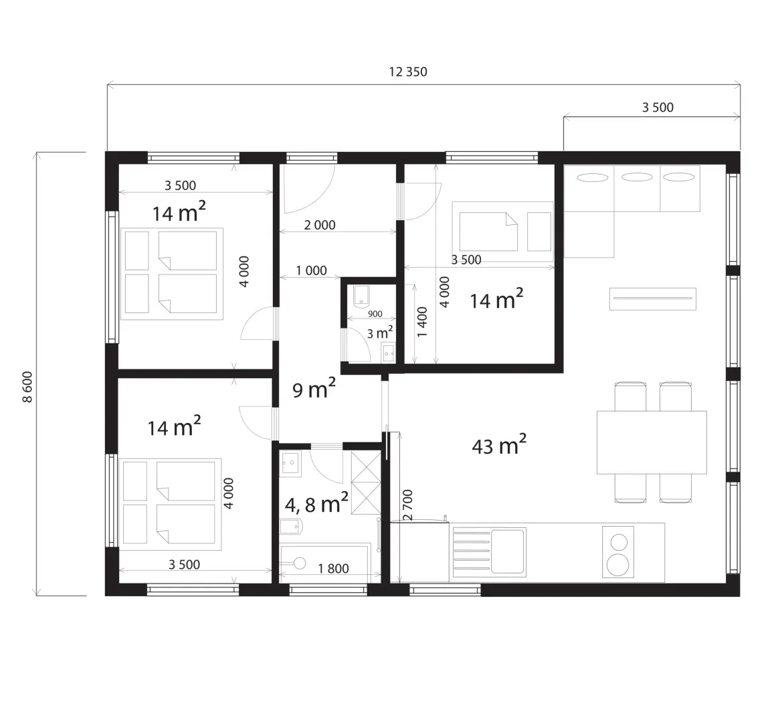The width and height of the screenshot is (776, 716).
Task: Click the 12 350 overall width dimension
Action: (408, 72)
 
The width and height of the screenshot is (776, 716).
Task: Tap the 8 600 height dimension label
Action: (27, 387)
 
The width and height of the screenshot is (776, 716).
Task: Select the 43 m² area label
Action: (498, 444)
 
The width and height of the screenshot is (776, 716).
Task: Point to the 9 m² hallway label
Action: (314, 388)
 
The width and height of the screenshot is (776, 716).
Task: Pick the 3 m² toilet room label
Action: (379, 333)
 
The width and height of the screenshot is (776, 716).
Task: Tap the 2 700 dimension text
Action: (408, 505)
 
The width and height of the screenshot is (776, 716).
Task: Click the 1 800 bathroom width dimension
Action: (333, 568)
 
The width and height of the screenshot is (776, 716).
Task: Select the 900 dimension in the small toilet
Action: (375, 314)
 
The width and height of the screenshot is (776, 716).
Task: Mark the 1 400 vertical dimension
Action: (422, 323)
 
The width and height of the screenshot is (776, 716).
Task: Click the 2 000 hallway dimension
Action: (320, 226)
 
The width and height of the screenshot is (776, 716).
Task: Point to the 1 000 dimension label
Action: (311, 271)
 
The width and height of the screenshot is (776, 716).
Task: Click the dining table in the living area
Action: (652, 442)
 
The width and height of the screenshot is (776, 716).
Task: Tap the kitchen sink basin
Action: (507, 551)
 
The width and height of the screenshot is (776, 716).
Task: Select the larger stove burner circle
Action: (618, 564)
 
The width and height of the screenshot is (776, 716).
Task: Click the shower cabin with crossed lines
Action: (366, 482)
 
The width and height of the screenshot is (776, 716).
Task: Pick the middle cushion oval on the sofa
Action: (637, 177)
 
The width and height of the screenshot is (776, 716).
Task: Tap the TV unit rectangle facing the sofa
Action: (653, 298)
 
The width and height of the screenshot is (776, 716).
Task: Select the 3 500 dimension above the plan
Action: (658, 108)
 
